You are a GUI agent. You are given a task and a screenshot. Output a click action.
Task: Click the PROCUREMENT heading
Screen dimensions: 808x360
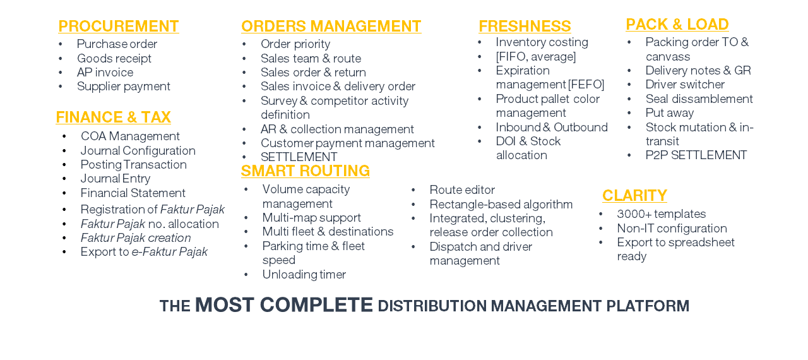tap(119, 26)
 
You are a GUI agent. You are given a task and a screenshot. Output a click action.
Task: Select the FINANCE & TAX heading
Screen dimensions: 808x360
tap(113, 117)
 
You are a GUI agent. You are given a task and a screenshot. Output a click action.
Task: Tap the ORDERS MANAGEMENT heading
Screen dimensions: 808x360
tap(331, 26)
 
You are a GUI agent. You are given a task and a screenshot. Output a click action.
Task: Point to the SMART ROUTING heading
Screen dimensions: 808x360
tap(305, 171)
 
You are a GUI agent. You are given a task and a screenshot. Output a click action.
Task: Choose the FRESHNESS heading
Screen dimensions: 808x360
tap(525, 26)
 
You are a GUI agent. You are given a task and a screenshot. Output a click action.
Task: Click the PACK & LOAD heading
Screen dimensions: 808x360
tap(677, 25)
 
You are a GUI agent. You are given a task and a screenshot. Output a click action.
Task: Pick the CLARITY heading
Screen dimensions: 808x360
tap(634, 196)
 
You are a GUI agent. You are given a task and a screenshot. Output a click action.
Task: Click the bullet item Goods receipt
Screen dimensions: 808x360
tap(114, 59)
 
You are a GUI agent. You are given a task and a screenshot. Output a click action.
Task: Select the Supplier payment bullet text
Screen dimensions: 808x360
tap(123, 87)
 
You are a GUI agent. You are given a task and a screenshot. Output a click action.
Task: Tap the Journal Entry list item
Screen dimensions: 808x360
tap(116, 179)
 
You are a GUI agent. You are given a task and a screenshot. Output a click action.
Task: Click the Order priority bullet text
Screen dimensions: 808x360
tap(295, 44)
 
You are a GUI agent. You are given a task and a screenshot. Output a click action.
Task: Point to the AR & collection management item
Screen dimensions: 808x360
tap(337, 129)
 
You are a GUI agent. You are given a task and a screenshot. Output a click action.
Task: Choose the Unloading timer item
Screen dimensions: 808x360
tap(304, 275)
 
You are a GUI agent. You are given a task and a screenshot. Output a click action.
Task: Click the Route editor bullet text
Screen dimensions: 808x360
tap(462, 189)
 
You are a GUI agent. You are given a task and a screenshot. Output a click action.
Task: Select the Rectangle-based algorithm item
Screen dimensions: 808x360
tap(501, 205)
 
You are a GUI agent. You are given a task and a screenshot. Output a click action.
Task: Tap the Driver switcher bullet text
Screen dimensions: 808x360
tap(685, 85)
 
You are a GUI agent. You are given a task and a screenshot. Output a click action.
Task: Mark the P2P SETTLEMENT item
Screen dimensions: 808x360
tap(696, 155)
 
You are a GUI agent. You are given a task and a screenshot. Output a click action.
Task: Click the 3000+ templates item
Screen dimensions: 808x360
tap(661, 214)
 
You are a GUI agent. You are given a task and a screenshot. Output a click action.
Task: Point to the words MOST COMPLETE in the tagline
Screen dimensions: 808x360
tap(284, 305)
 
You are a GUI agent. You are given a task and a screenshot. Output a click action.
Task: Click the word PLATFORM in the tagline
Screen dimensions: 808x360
tap(648, 306)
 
